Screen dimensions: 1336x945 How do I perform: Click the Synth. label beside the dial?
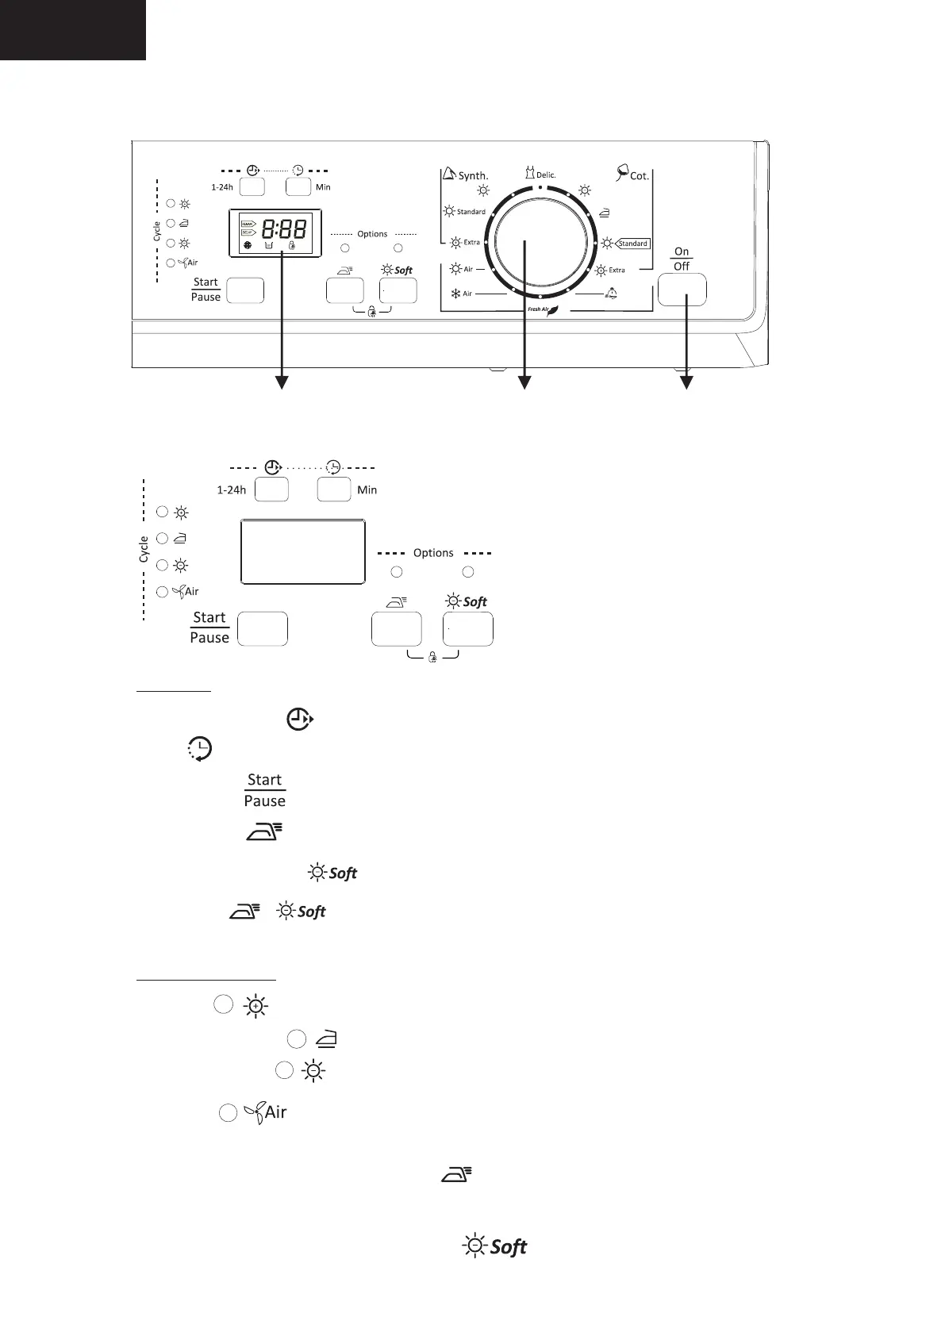[x=473, y=175]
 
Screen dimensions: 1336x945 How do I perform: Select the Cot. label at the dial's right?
[x=638, y=175]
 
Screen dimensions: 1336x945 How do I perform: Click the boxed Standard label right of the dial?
[x=632, y=244]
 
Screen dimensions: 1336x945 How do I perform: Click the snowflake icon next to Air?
[x=456, y=294]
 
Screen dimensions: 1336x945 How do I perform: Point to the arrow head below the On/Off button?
[x=686, y=383]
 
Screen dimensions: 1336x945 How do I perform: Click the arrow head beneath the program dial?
[x=524, y=383]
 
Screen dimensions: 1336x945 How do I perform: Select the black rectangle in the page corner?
[x=72, y=29]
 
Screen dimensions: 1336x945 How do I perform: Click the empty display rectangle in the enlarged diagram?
[x=302, y=551]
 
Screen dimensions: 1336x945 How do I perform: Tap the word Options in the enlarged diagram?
[x=433, y=553]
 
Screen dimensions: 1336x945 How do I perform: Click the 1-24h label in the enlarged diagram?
[x=231, y=489]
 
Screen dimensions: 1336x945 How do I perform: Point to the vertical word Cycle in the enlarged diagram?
[x=144, y=549]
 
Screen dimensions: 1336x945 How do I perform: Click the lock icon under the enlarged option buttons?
[x=432, y=658]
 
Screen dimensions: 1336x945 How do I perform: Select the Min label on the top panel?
[x=323, y=187]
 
